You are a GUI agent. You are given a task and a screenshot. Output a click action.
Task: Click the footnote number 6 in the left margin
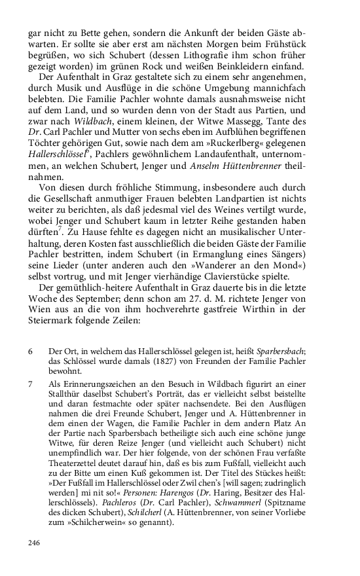coord(30,351)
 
